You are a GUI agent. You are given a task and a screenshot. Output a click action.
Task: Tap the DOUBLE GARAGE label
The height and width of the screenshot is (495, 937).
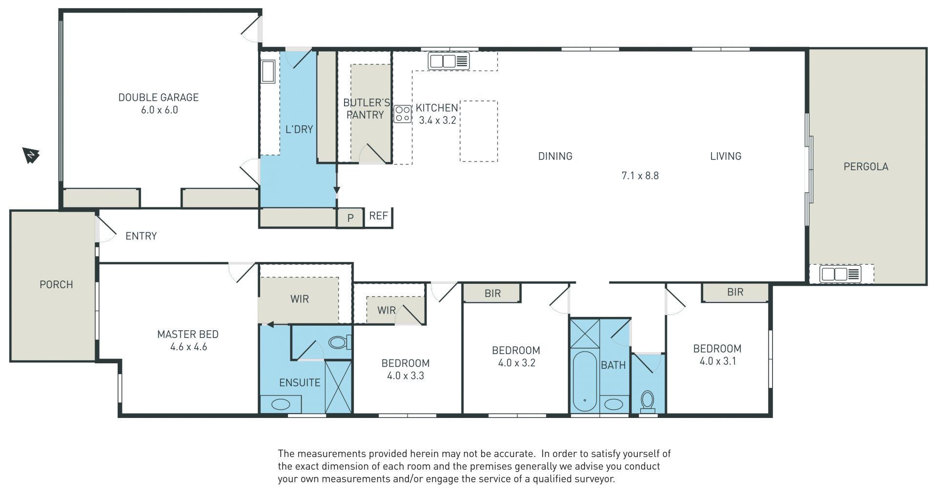(x=159, y=98)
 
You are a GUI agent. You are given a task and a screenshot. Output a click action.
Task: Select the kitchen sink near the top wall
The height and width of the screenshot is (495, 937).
(x=448, y=61)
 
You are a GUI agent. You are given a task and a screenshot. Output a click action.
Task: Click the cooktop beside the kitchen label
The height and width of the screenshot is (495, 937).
(x=403, y=114)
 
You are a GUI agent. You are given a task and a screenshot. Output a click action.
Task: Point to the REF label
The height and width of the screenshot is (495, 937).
(x=379, y=216)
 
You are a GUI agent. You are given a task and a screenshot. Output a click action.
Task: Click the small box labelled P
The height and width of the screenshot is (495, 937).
(x=350, y=218)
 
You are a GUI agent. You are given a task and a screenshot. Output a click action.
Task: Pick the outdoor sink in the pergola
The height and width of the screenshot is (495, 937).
(x=840, y=274)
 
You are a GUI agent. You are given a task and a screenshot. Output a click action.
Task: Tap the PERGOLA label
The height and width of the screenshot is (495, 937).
(x=866, y=167)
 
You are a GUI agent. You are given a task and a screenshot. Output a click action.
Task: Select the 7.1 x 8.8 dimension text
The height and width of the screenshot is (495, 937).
(x=640, y=176)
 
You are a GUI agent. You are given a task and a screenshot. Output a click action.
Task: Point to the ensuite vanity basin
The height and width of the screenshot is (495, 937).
(x=280, y=404)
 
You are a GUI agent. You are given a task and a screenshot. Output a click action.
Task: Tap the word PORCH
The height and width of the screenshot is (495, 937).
(x=56, y=285)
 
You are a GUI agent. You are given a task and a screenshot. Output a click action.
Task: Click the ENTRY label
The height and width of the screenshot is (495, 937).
(x=141, y=236)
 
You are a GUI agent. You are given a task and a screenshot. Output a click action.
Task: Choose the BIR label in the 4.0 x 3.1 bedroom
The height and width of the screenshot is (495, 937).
(x=735, y=292)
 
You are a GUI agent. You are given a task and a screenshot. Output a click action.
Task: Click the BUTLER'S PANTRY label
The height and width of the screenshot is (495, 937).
(x=367, y=109)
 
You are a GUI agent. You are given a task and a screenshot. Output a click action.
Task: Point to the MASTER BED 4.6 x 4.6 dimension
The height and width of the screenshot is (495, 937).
(x=188, y=347)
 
